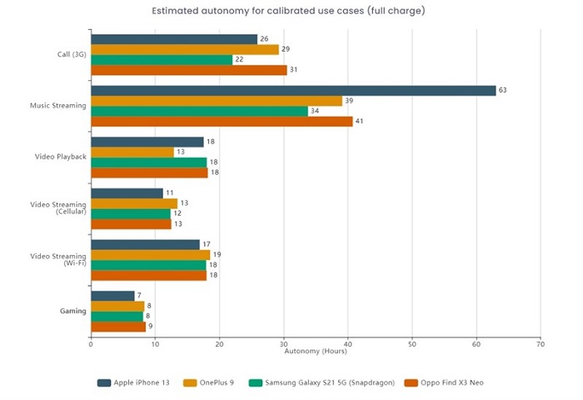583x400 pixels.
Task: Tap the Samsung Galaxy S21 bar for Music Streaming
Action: [199, 111]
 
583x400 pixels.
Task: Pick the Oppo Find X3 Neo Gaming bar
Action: [118, 326]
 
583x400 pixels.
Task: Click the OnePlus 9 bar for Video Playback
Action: [132, 152]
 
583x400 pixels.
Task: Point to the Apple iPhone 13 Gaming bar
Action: [112, 296]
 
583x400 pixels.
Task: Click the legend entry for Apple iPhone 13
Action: [133, 382]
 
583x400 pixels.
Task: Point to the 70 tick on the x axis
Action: [541, 342]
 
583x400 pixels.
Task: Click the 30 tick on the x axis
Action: [283, 342]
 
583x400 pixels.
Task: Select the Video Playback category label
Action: [60, 157]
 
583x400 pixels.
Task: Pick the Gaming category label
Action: [72, 311]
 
